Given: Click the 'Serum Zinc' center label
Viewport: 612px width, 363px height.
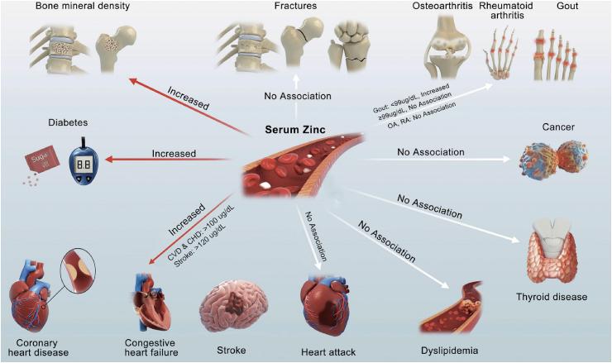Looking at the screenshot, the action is click(294, 131).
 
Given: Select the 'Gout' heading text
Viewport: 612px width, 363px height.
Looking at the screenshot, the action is click(567, 7).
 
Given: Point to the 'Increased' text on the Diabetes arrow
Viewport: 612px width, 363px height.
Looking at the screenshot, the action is click(174, 153).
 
